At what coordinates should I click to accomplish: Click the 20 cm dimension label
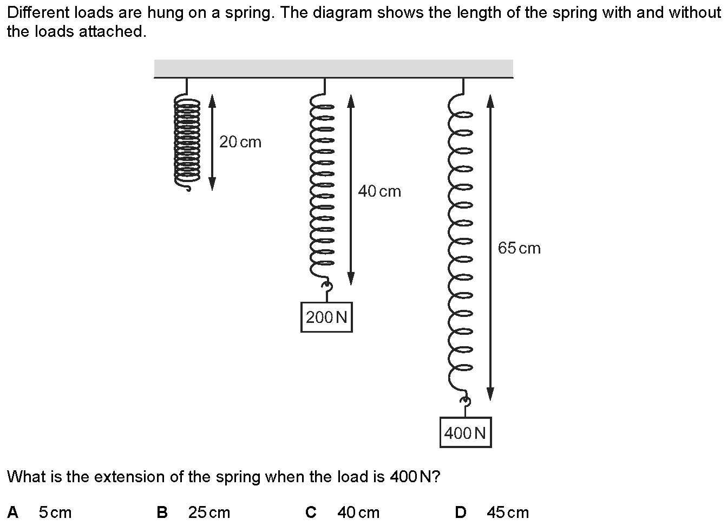point(240,142)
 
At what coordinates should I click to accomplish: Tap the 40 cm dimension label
point(379,191)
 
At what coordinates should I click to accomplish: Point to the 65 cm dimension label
point(519,248)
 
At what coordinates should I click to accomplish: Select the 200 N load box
point(326,317)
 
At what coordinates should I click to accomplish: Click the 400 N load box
point(466,432)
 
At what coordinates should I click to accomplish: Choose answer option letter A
point(12,513)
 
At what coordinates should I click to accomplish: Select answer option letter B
point(162,513)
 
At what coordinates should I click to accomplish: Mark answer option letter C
point(311,513)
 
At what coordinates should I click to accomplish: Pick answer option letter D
point(461,513)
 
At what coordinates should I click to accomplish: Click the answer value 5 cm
point(55,513)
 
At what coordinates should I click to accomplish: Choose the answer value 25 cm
point(209,513)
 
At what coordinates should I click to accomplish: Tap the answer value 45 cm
point(508,513)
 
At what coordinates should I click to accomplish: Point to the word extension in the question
point(132,477)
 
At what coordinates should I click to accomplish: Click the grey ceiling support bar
point(333,69)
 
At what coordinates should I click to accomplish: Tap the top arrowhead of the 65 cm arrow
point(490,101)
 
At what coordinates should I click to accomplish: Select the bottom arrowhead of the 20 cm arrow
point(212,184)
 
